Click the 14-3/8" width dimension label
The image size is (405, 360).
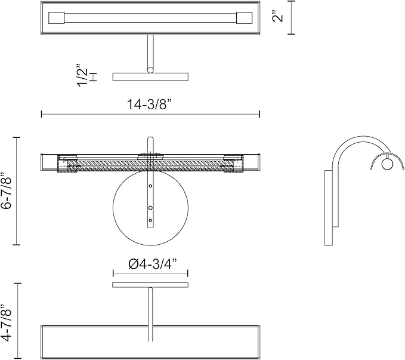pos(150,104)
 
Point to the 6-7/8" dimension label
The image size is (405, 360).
pos(6,190)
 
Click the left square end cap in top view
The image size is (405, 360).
pos(56,18)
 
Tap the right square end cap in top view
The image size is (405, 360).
pos(244,18)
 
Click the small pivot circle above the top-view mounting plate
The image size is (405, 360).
pos(150,70)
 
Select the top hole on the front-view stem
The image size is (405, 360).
pos(150,186)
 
